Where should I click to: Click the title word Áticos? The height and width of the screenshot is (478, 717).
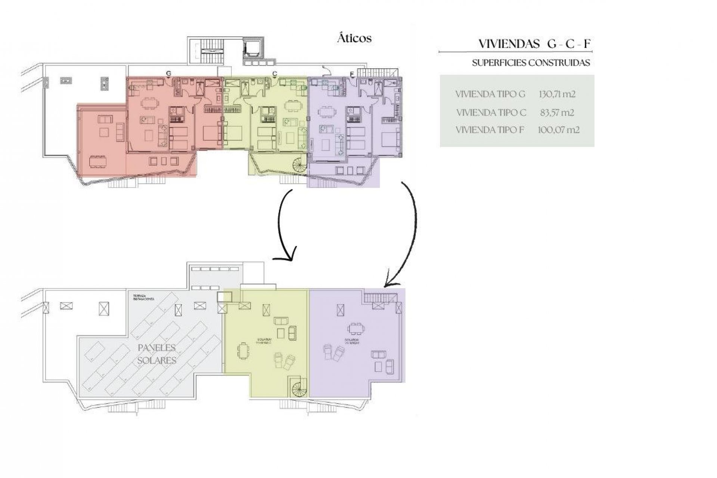point(354,38)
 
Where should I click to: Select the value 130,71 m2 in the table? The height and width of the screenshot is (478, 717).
point(557,94)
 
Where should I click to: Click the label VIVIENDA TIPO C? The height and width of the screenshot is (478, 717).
point(491,112)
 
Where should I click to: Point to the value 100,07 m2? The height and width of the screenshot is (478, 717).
point(559,130)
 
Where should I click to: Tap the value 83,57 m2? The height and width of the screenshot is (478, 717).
point(557,112)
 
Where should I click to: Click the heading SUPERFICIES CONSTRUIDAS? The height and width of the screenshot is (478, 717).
point(531,63)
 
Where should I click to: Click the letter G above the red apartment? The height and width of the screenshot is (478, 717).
point(169,74)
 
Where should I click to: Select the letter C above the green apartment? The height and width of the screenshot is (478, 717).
point(274,74)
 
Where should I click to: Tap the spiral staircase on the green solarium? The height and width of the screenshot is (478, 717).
point(299,386)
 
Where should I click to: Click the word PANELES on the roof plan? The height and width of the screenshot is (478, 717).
point(157,348)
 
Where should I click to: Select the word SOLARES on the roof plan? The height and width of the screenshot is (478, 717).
point(157,361)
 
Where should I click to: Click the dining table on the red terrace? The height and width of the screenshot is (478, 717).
point(97,162)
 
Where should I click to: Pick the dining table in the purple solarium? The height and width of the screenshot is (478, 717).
point(356,329)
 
